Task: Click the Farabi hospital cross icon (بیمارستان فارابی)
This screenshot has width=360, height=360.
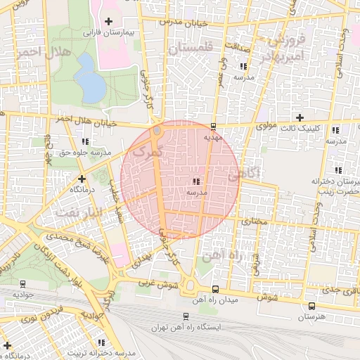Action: (x=108, y=22)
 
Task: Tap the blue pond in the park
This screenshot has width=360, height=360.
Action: (x=89, y=78)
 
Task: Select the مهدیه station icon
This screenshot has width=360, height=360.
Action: (x=213, y=127)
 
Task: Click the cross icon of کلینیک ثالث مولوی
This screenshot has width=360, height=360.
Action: (x=300, y=117)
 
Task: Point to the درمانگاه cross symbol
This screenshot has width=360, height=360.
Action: (x=82, y=179)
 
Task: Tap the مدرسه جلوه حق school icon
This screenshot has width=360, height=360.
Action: (x=86, y=142)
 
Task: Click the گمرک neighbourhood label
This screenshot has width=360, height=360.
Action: (x=147, y=150)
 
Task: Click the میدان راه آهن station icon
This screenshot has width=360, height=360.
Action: (x=215, y=288)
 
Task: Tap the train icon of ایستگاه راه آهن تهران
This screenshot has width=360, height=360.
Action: (x=185, y=317)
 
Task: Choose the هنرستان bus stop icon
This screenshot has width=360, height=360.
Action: (x=311, y=306)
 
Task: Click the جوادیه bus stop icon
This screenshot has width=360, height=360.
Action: (x=23, y=285)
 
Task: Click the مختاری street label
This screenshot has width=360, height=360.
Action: (x=255, y=221)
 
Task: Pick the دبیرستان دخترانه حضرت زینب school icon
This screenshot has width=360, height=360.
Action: (x=338, y=170)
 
